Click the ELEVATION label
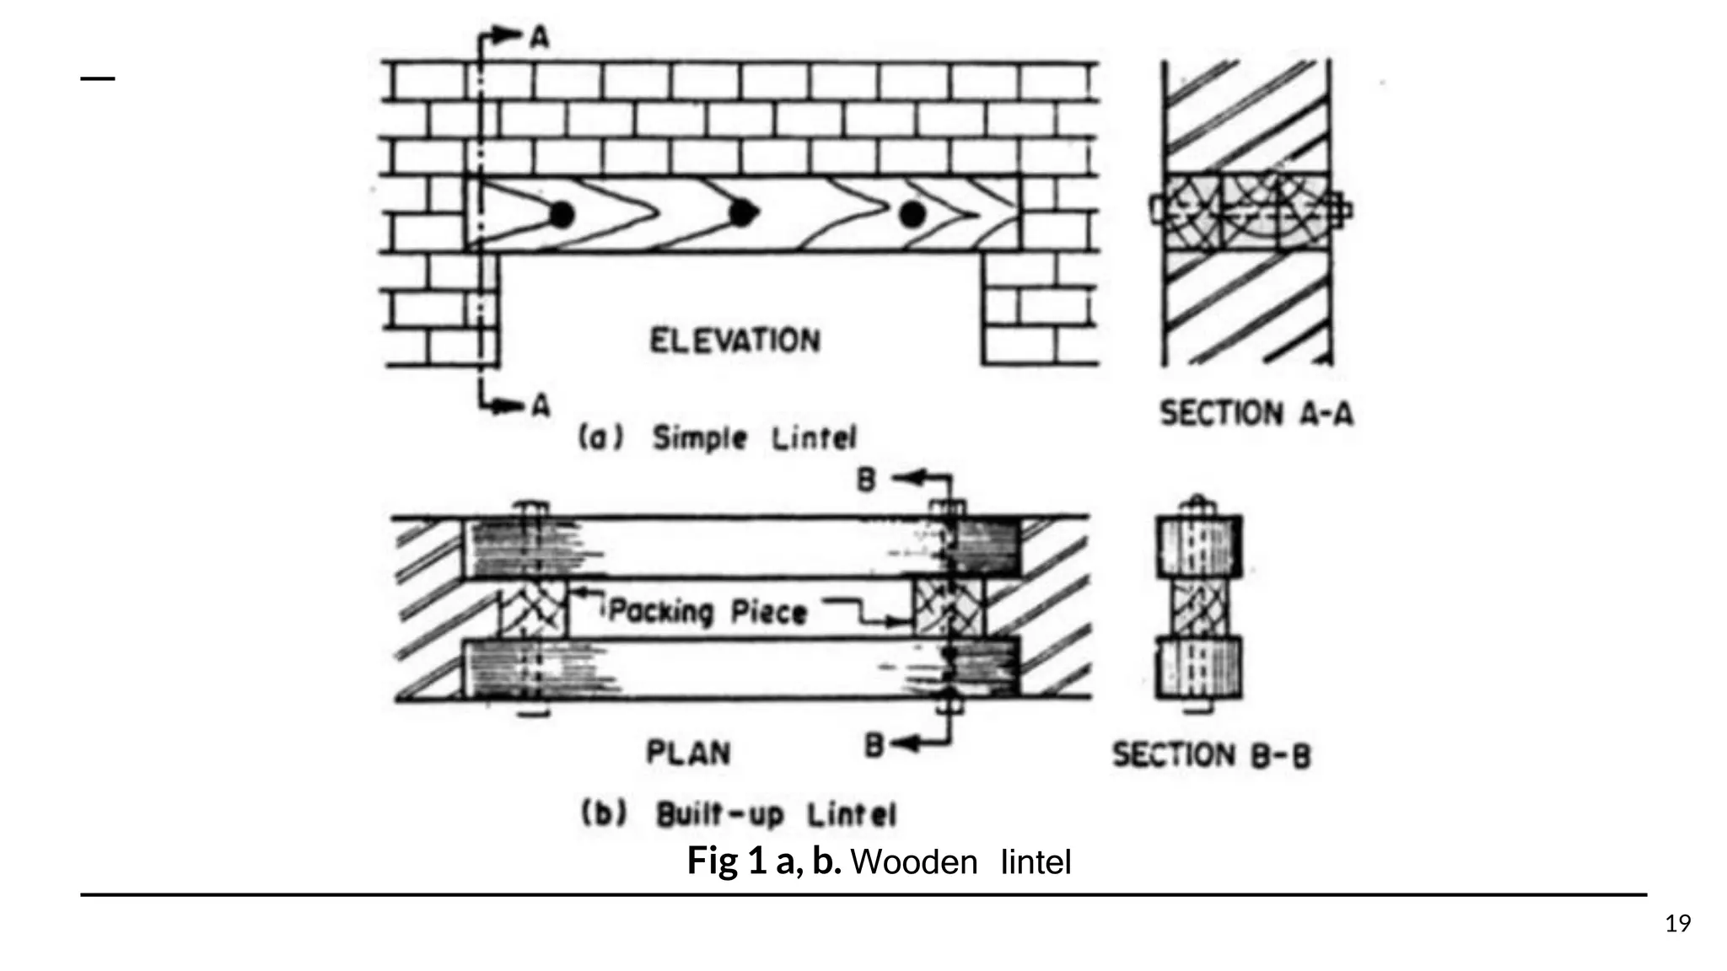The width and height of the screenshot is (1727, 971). (x=734, y=341)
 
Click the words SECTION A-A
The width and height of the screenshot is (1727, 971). (x=1256, y=414)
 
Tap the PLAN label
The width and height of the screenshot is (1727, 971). (x=688, y=753)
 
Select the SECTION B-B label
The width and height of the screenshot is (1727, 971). (x=1212, y=755)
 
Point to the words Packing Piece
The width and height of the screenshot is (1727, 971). (x=707, y=611)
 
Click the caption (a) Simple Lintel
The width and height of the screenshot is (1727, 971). (x=717, y=438)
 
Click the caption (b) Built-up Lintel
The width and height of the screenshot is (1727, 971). (x=738, y=814)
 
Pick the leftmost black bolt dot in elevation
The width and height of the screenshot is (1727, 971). (x=561, y=215)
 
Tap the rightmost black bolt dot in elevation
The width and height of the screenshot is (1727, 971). (x=912, y=215)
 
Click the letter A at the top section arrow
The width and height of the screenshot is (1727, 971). (x=539, y=36)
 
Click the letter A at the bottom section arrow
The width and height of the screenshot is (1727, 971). (x=540, y=406)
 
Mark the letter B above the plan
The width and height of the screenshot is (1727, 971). (x=866, y=480)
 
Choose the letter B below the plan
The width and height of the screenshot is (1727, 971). (x=874, y=745)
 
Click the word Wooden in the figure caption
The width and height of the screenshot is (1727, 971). (x=914, y=862)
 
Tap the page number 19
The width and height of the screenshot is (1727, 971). (x=1678, y=924)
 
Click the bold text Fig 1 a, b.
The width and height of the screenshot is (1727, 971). (x=763, y=861)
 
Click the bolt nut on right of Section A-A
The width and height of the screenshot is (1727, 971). (x=1341, y=209)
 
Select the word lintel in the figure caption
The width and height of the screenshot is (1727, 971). (x=1036, y=862)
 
